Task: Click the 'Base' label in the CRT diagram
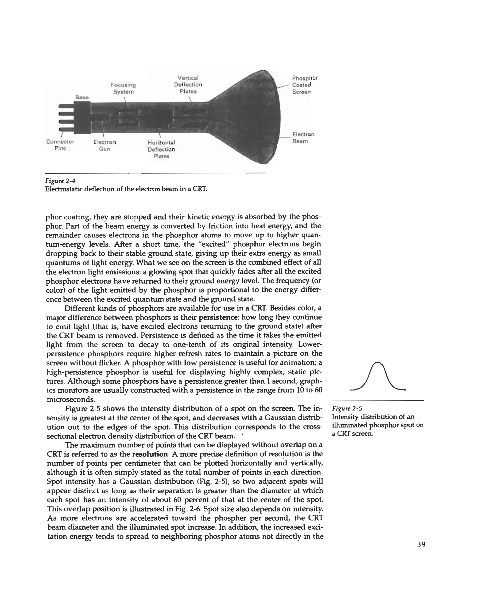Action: pos(82,97)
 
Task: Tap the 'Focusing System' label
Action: pos(123,88)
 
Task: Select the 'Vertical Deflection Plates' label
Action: pos(188,84)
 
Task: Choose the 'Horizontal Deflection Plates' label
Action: pos(161,150)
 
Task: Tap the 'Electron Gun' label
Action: pos(105,146)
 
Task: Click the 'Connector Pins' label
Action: pos(60,145)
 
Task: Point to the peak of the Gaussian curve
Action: pos(378,363)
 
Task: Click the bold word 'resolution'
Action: pos(150,454)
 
